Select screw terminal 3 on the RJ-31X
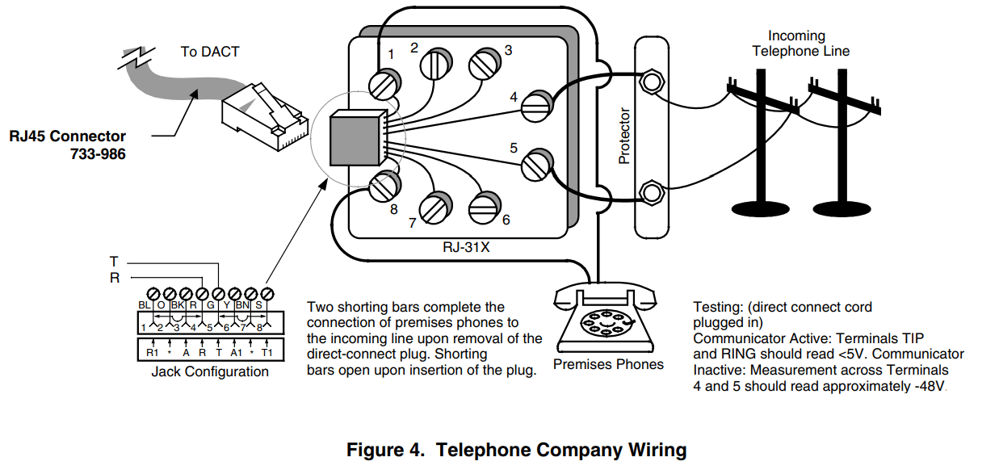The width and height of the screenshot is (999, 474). point(485,65)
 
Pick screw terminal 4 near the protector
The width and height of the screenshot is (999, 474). point(535,107)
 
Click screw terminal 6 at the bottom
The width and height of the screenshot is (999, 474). point(484,206)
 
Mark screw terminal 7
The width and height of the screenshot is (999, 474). point(437,207)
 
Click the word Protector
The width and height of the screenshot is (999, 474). point(623,136)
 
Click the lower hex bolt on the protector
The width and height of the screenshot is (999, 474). point(652,192)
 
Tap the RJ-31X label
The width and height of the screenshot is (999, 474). point(467,249)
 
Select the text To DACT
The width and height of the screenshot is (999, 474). point(210,52)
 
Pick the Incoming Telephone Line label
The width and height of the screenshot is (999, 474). point(800,44)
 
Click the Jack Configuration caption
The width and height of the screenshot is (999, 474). point(210,372)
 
